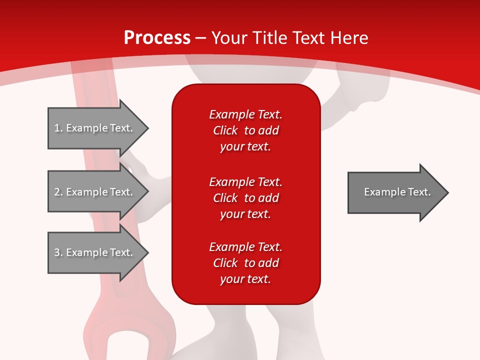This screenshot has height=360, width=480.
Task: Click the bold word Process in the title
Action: click(x=157, y=38)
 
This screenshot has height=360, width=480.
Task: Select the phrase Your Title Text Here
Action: click(x=289, y=38)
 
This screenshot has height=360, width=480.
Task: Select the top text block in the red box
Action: click(x=245, y=130)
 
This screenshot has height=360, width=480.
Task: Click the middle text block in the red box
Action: click(x=245, y=198)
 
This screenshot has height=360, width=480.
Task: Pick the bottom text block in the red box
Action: click(x=245, y=263)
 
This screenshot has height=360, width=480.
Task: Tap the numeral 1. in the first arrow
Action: click(x=58, y=128)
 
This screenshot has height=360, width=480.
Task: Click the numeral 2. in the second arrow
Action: click(x=58, y=192)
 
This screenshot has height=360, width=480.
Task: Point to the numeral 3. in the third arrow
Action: click(x=58, y=252)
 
